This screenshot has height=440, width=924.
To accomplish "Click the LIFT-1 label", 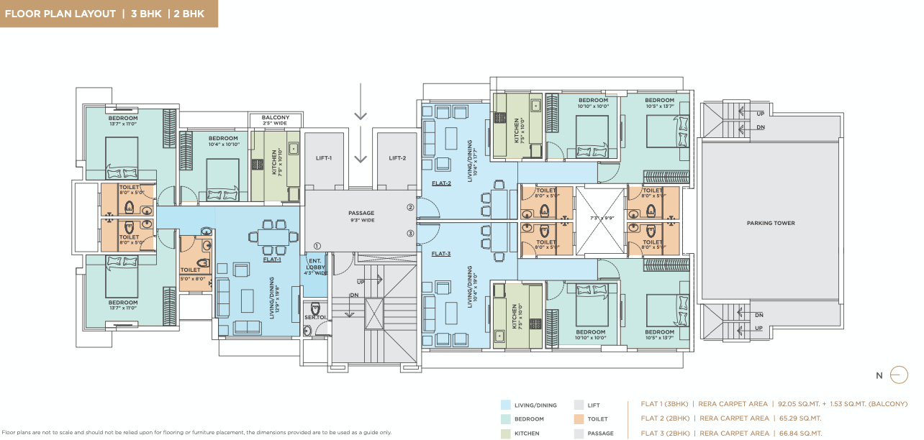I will [323, 158].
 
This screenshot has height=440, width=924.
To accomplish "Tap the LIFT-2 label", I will [397, 158].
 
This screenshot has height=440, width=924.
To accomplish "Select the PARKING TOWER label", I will [770, 223].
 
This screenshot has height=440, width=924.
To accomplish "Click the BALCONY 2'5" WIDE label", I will [275, 121].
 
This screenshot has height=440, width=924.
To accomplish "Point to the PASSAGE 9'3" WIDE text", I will [361, 216].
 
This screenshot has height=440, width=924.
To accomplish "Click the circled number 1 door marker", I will [317, 246].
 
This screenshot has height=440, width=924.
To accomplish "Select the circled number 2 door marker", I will [410, 208].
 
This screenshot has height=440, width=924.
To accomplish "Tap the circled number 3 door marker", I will [410, 233].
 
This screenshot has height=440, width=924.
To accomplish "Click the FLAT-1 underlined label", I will [271, 260].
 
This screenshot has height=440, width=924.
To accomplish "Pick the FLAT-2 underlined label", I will [441, 183].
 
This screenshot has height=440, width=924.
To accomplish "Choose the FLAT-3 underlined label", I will [441, 254].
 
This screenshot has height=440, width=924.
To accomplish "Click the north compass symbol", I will [898, 375].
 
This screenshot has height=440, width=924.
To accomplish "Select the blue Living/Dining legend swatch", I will [507, 405].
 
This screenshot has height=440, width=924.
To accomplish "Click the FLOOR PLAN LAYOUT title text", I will [60, 14].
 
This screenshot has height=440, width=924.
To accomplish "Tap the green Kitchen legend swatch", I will [507, 433].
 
